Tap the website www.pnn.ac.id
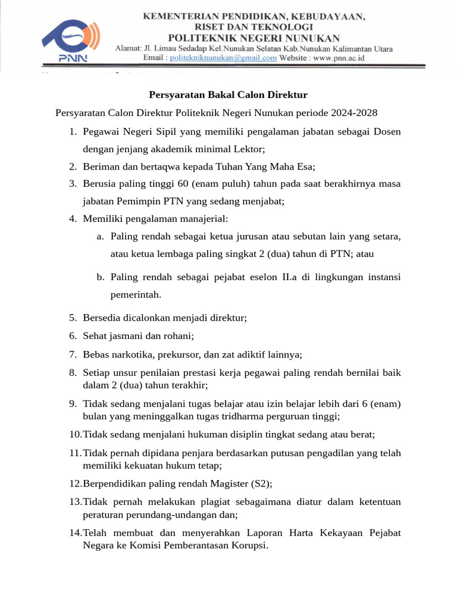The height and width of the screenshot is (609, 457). pyautogui.click(x=339, y=58)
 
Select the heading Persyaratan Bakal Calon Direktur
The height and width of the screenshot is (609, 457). pyautogui.click(x=227, y=95)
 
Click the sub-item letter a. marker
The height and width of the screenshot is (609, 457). pyautogui.click(x=101, y=237)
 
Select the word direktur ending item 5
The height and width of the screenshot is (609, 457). pyautogui.click(x=228, y=318)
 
